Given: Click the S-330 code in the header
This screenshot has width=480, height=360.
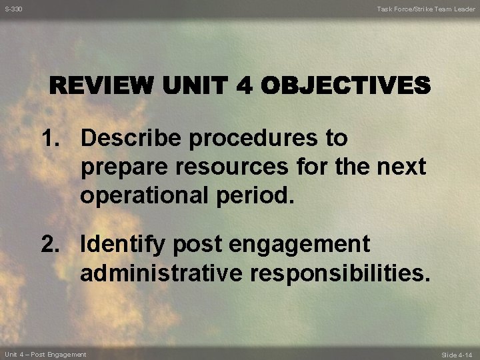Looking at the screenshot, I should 13,9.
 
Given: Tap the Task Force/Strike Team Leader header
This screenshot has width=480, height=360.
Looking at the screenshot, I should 426,9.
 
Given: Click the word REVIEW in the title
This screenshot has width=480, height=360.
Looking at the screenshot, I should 103,87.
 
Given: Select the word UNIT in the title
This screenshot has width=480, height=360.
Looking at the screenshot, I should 194,87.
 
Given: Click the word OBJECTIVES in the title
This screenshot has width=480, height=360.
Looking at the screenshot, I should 345,87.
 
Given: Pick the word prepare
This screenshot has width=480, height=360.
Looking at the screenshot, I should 123,168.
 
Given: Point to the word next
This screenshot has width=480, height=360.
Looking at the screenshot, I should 399,167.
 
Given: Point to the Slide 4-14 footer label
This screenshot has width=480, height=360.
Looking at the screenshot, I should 458,355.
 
